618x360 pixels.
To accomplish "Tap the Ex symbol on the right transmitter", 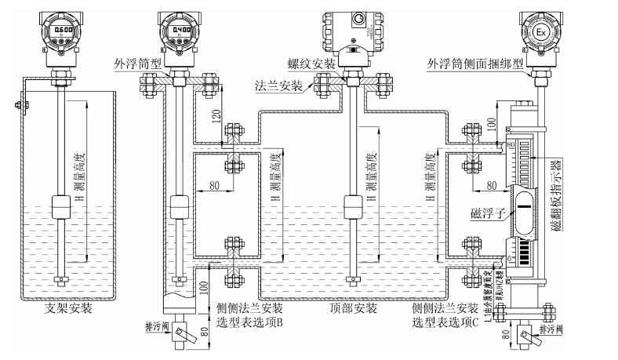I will pyautogui.click(x=542, y=32).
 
